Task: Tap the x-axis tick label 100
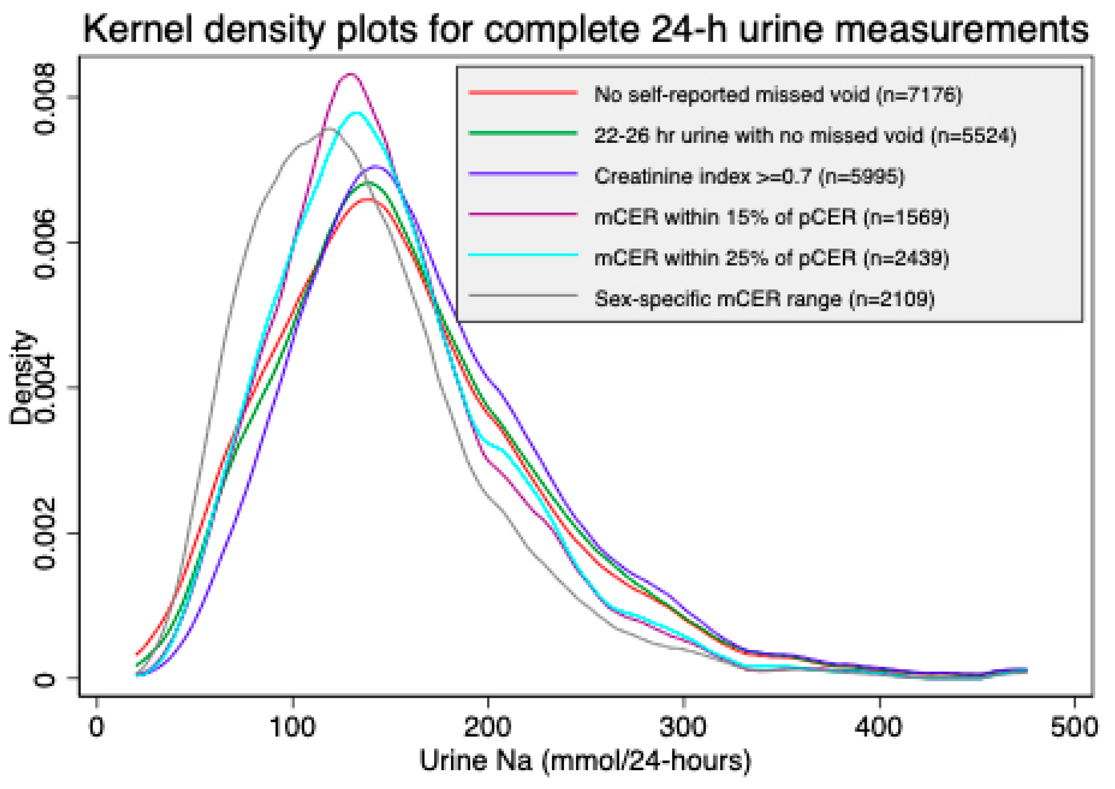tap(293, 727)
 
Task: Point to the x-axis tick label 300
tap(683, 727)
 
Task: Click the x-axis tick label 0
tap(97, 727)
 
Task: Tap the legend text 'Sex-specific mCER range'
tap(718, 299)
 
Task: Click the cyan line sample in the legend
tap(523, 255)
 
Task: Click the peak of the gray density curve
tap(328, 129)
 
